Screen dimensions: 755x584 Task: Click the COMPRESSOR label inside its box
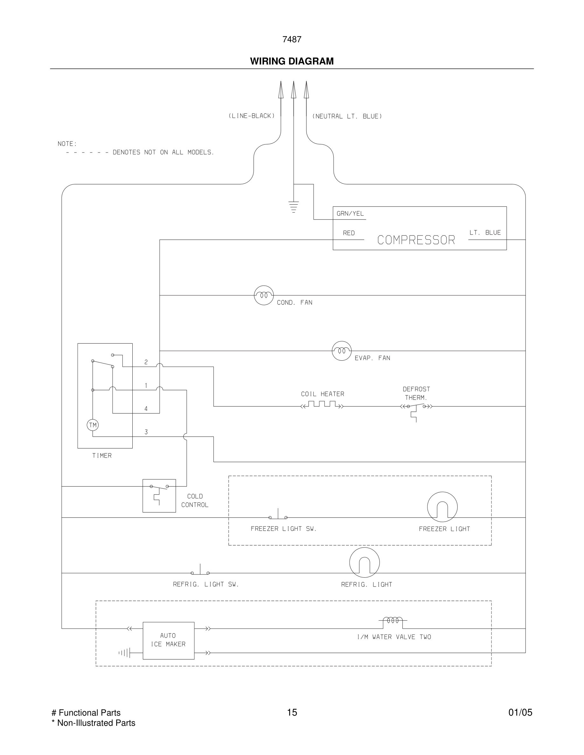click(x=416, y=240)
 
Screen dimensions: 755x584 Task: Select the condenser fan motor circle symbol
click(x=264, y=295)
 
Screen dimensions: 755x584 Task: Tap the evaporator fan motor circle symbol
click(x=342, y=350)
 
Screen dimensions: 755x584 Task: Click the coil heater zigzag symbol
click(x=322, y=405)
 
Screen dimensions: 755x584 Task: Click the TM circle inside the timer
click(x=93, y=425)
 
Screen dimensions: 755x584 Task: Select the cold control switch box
click(x=159, y=495)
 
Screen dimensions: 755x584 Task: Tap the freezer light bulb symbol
click(x=442, y=507)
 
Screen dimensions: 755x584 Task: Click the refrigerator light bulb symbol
click(x=364, y=562)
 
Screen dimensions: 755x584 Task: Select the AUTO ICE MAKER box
click(x=169, y=640)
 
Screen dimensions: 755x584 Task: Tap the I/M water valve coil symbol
click(x=393, y=621)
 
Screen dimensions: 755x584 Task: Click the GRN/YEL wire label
click(x=350, y=214)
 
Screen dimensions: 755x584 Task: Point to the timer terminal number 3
click(x=146, y=432)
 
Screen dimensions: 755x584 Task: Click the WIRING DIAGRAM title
click(x=292, y=61)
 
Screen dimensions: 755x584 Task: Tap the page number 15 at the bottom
click(x=292, y=712)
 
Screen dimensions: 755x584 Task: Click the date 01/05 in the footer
click(x=520, y=712)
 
